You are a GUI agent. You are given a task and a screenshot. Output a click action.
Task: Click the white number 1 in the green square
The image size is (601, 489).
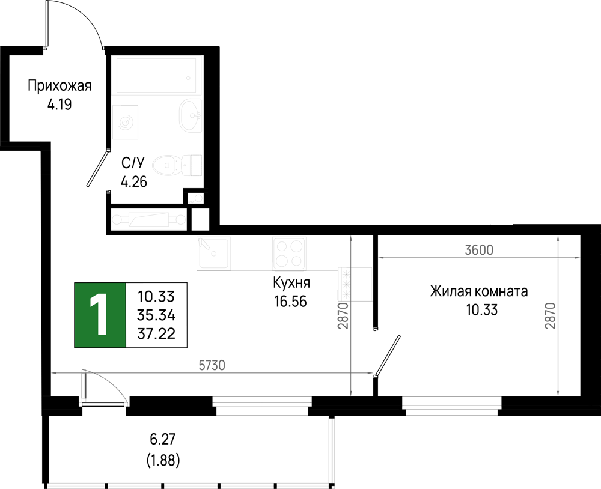99,315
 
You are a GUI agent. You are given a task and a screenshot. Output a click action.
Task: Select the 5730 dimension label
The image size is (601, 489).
212,365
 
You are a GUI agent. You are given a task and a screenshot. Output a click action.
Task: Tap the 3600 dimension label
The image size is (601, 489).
479,250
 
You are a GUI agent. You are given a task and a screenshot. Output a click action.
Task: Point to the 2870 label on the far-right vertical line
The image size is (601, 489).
551,315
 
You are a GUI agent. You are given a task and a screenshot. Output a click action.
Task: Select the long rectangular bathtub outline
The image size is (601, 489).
156,76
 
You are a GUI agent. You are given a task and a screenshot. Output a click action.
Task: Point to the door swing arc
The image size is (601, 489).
111,384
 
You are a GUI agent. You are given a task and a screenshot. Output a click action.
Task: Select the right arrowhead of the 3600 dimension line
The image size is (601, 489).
576,258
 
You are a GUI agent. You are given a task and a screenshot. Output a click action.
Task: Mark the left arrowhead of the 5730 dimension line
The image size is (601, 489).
55,373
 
